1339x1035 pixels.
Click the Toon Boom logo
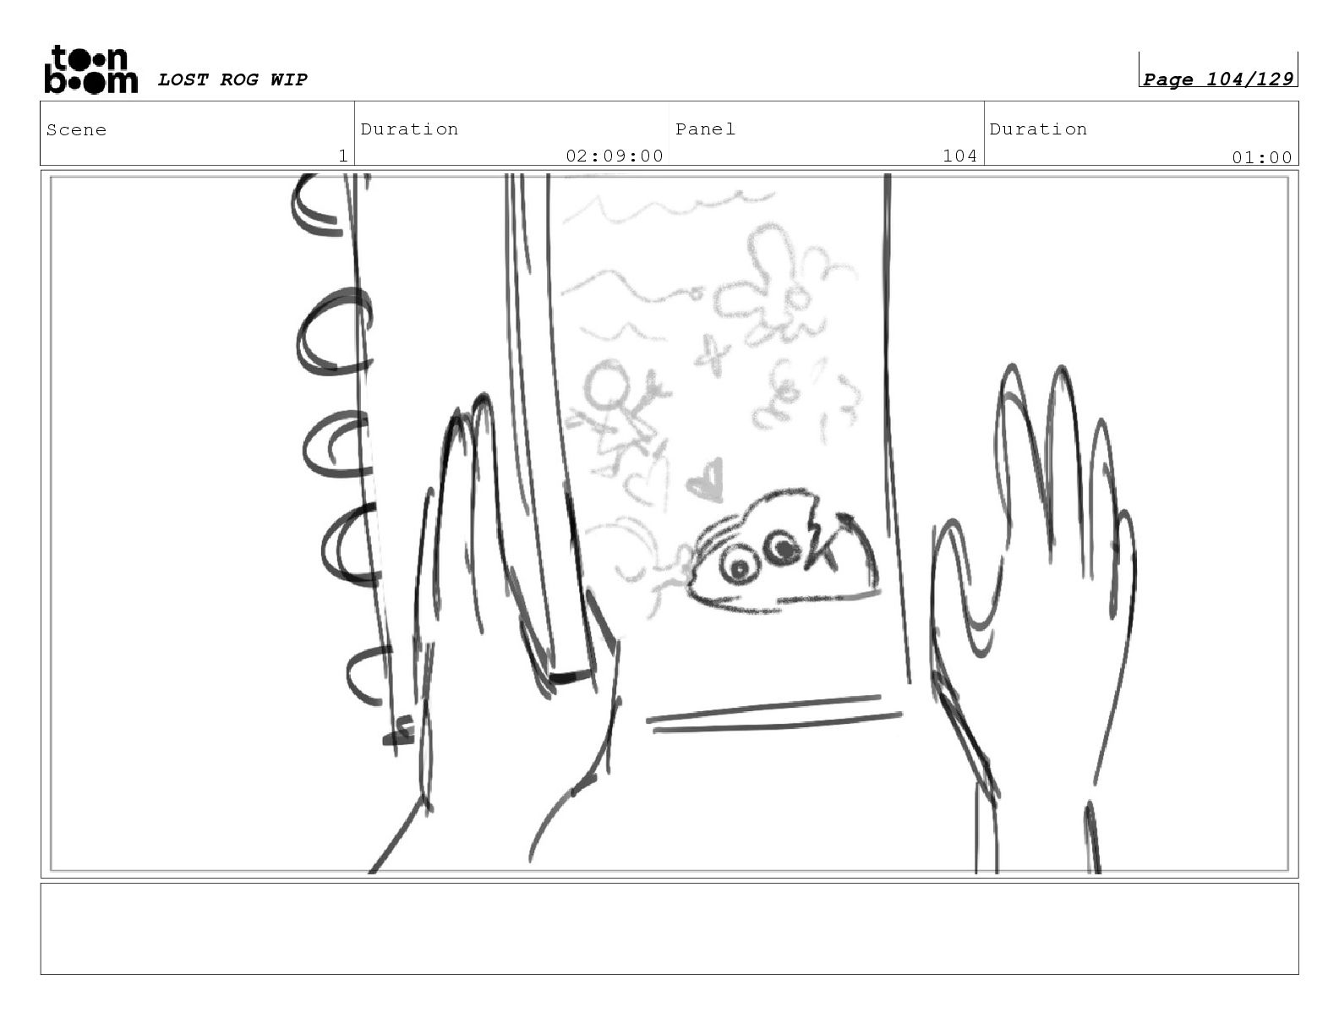click(x=91, y=69)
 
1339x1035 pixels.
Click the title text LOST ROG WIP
click(x=232, y=79)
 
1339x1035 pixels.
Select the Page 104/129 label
click(x=1217, y=79)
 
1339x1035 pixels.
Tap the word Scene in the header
click(x=76, y=130)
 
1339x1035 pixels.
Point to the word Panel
click(x=705, y=129)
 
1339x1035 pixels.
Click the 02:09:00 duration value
click(x=615, y=156)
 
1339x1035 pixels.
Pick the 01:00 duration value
click(x=1261, y=158)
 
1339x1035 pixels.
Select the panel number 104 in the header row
click(x=959, y=156)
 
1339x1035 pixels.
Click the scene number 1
click(x=343, y=156)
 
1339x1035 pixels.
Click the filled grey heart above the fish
click(x=708, y=479)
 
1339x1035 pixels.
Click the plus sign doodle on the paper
click(x=713, y=355)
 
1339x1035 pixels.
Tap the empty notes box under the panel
click(x=669, y=929)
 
